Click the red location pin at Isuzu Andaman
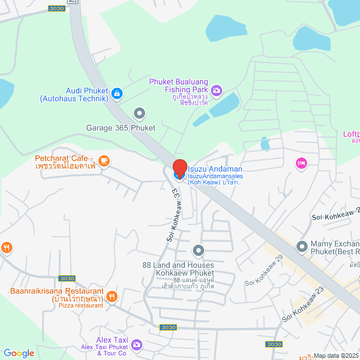[x=179, y=169]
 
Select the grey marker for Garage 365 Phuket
[x=140, y=114]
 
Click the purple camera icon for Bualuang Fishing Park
[x=217, y=89]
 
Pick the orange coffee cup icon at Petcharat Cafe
[x=103, y=161]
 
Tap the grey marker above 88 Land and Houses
[x=198, y=250]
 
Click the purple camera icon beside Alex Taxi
[x=136, y=344]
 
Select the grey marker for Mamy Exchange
[x=301, y=246]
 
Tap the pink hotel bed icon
[x=301, y=163]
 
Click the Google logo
[x=19, y=353]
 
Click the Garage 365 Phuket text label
[x=120, y=128]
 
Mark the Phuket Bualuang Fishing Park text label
[x=178, y=85]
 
